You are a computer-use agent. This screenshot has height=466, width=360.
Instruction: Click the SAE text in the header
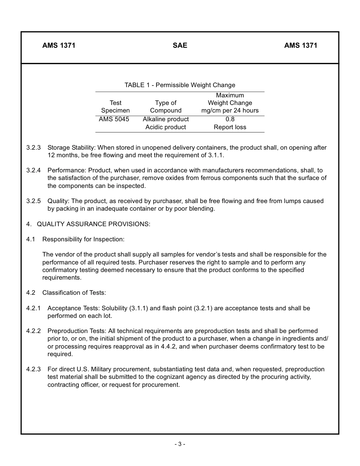pos(180,45)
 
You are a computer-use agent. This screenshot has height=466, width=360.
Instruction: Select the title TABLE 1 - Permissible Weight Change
pos(180,85)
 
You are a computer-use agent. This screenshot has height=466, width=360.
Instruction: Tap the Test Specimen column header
pos(115,106)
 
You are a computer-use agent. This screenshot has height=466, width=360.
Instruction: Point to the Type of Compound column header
pos(166,106)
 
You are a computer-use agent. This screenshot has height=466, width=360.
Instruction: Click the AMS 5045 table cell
pos(114,119)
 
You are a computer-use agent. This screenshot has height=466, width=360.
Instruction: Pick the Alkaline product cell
pos(166,119)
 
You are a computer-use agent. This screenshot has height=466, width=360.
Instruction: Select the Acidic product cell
pos(166,127)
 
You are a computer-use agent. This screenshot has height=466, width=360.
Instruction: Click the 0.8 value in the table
pos(230,119)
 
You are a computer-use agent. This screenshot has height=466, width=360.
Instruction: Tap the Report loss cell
pos(230,127)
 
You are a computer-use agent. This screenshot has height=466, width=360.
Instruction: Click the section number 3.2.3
pos(33,147)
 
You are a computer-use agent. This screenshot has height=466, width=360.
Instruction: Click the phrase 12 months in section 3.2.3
pos(61,155)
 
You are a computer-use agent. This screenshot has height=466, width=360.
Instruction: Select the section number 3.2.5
pos(33,201)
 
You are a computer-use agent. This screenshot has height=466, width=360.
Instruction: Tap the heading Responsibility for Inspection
pos(83,239)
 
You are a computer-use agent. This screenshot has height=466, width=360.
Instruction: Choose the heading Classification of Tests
pos(74,292)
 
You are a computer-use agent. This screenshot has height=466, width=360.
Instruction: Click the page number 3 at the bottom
pos(180,444)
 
